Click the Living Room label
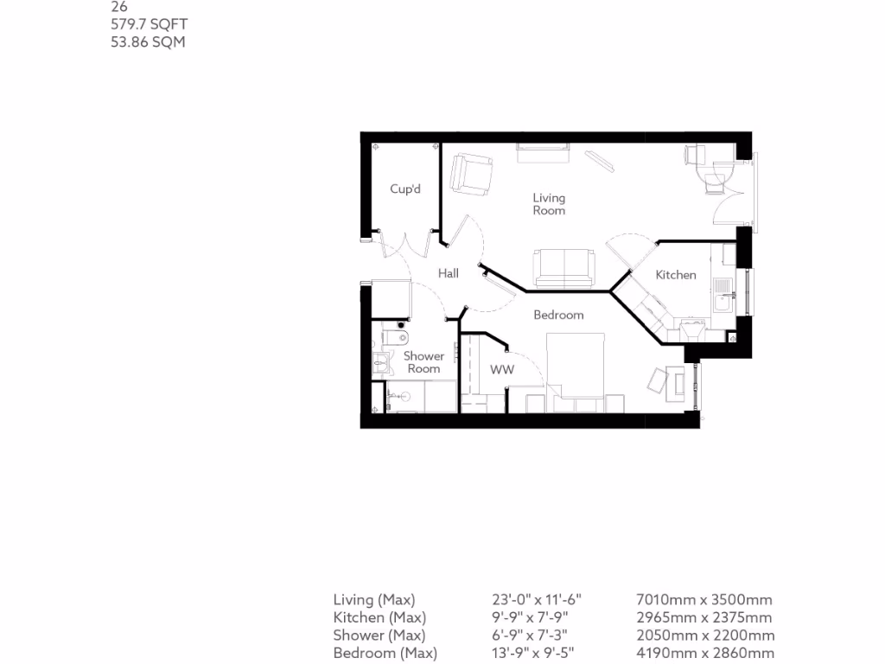coord(549,204)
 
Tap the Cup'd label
coord(404,189)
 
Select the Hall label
coord(448,273)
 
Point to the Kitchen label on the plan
coord(675,275)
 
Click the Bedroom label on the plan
coord(558,315)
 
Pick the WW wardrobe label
coord(502,369)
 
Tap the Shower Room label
coord(423,362)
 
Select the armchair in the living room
coord(472,173)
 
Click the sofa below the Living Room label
coord(564,268)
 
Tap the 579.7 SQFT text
coord(148,25)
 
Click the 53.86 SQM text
coord(148,41)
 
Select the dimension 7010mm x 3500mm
coord(704,599)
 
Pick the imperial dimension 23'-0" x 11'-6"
coord(537,599)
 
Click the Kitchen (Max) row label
coord(379,617)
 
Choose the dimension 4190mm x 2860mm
coord(704,653)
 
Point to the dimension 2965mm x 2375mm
coord(704,617)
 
